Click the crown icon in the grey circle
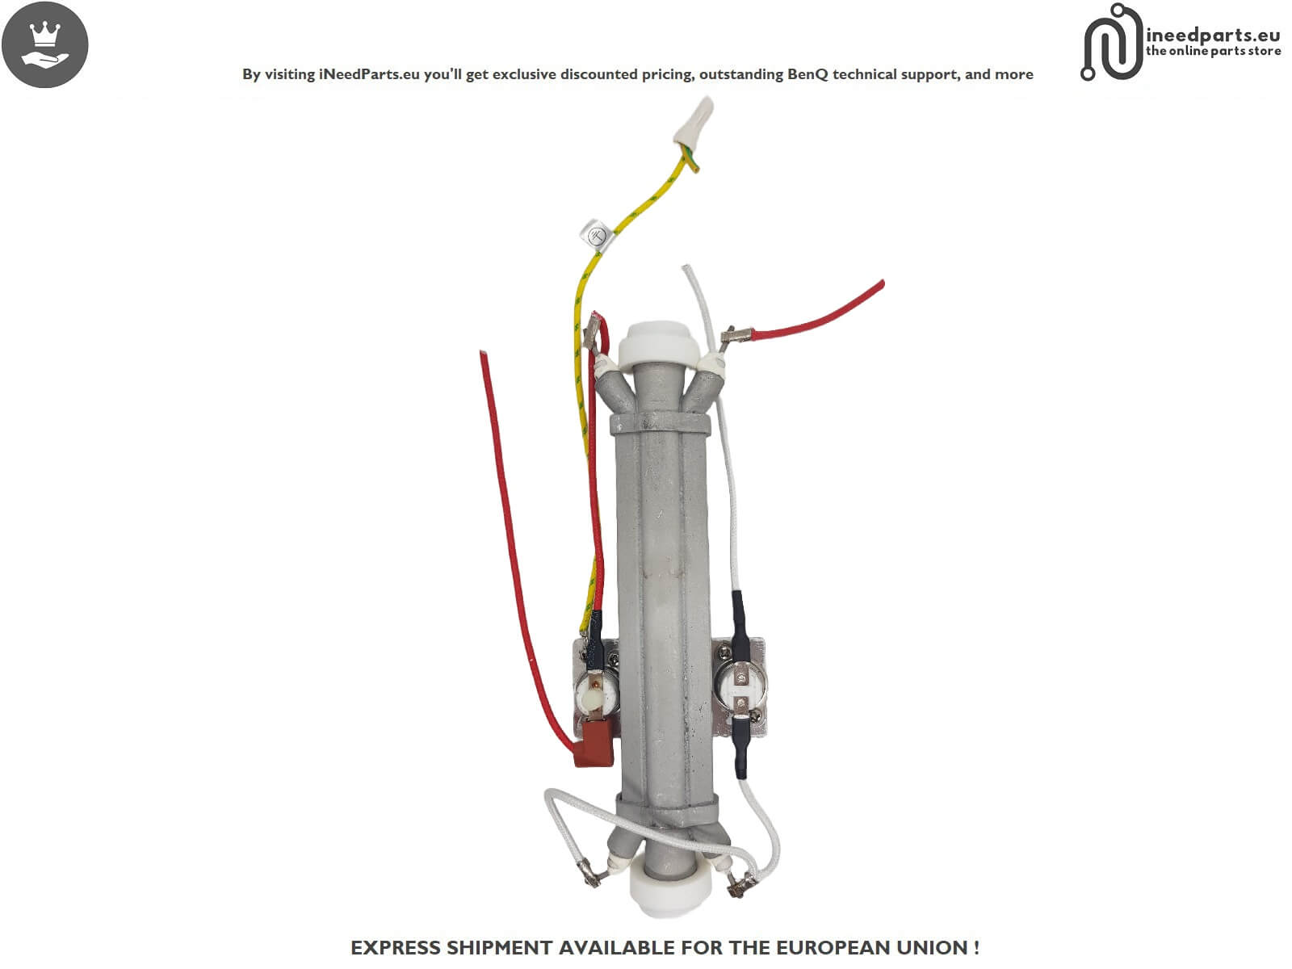(x=44, y=35)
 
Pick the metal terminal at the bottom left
(x=588, y=870)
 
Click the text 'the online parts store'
(x=1213, y=52)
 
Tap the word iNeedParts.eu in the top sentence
(x=369, y=74)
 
